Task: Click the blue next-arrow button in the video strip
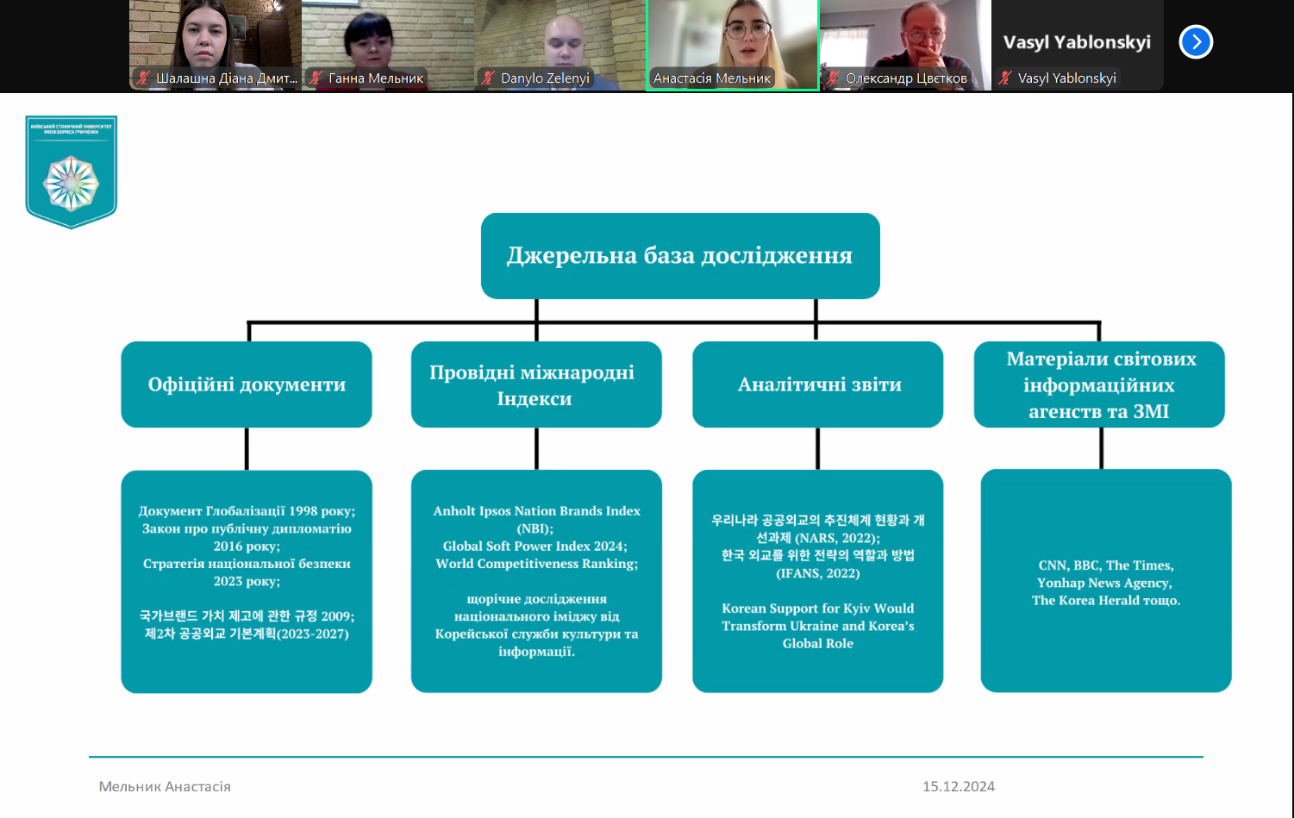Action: point(1196,41)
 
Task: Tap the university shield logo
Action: point(71,172)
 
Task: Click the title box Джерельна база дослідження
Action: point(680,256)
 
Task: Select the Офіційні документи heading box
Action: point(247,384)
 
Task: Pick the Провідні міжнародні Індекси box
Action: point(536,384)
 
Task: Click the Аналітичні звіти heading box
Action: point(818,384)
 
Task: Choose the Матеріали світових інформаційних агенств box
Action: point(1099,384)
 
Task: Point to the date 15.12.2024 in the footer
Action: point(958,786)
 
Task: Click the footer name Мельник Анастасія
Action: point(165,786)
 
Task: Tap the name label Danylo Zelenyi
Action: point(545,78)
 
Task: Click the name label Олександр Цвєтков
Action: point(905,78)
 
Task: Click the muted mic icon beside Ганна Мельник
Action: point(316,78)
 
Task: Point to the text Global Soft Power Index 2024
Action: point(534,546)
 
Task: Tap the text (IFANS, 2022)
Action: point(817,573)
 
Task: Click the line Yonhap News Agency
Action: point(1104,583)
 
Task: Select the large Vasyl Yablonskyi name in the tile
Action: point(1077,42)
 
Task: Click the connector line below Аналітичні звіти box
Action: point(817,448)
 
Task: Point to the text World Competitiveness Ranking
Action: point(536,564)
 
